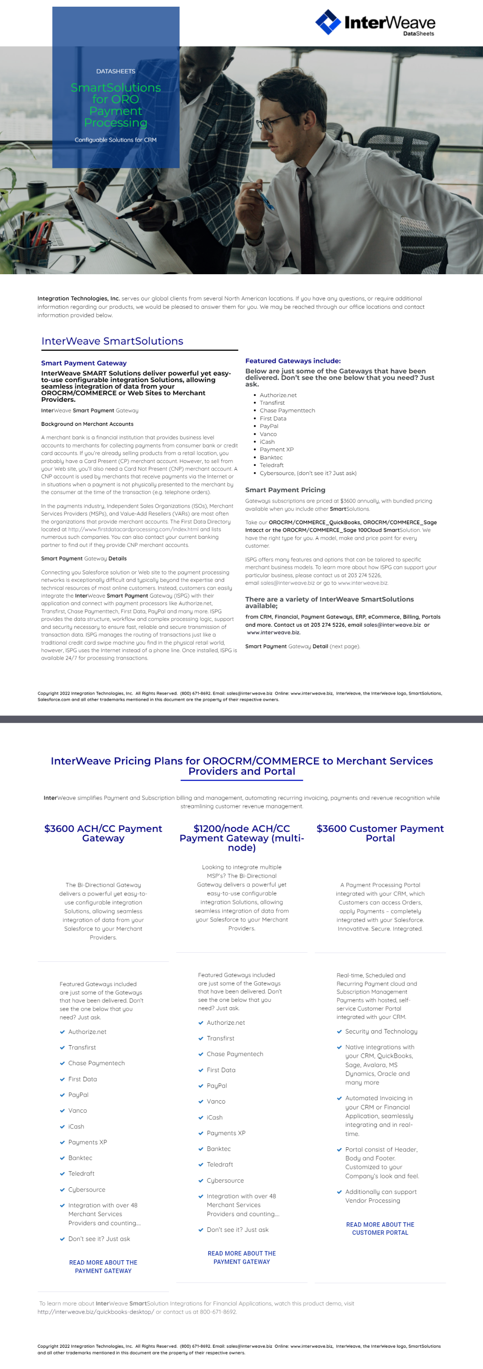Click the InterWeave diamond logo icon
(328, 23)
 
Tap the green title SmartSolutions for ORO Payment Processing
(116, 105)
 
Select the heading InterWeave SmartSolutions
(112, 341)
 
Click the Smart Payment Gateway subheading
(83, 363)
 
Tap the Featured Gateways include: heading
(293, 361)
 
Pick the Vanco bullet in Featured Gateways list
(268, 434)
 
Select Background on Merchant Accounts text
(87, 424)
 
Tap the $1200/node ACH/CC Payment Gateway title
(242, 838)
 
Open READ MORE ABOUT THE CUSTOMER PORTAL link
(380, 1228)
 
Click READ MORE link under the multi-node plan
(242, 1257)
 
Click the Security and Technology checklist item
(381, 1031)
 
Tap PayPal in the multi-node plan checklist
(217, 1085)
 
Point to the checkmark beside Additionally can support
(339, 1191)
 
